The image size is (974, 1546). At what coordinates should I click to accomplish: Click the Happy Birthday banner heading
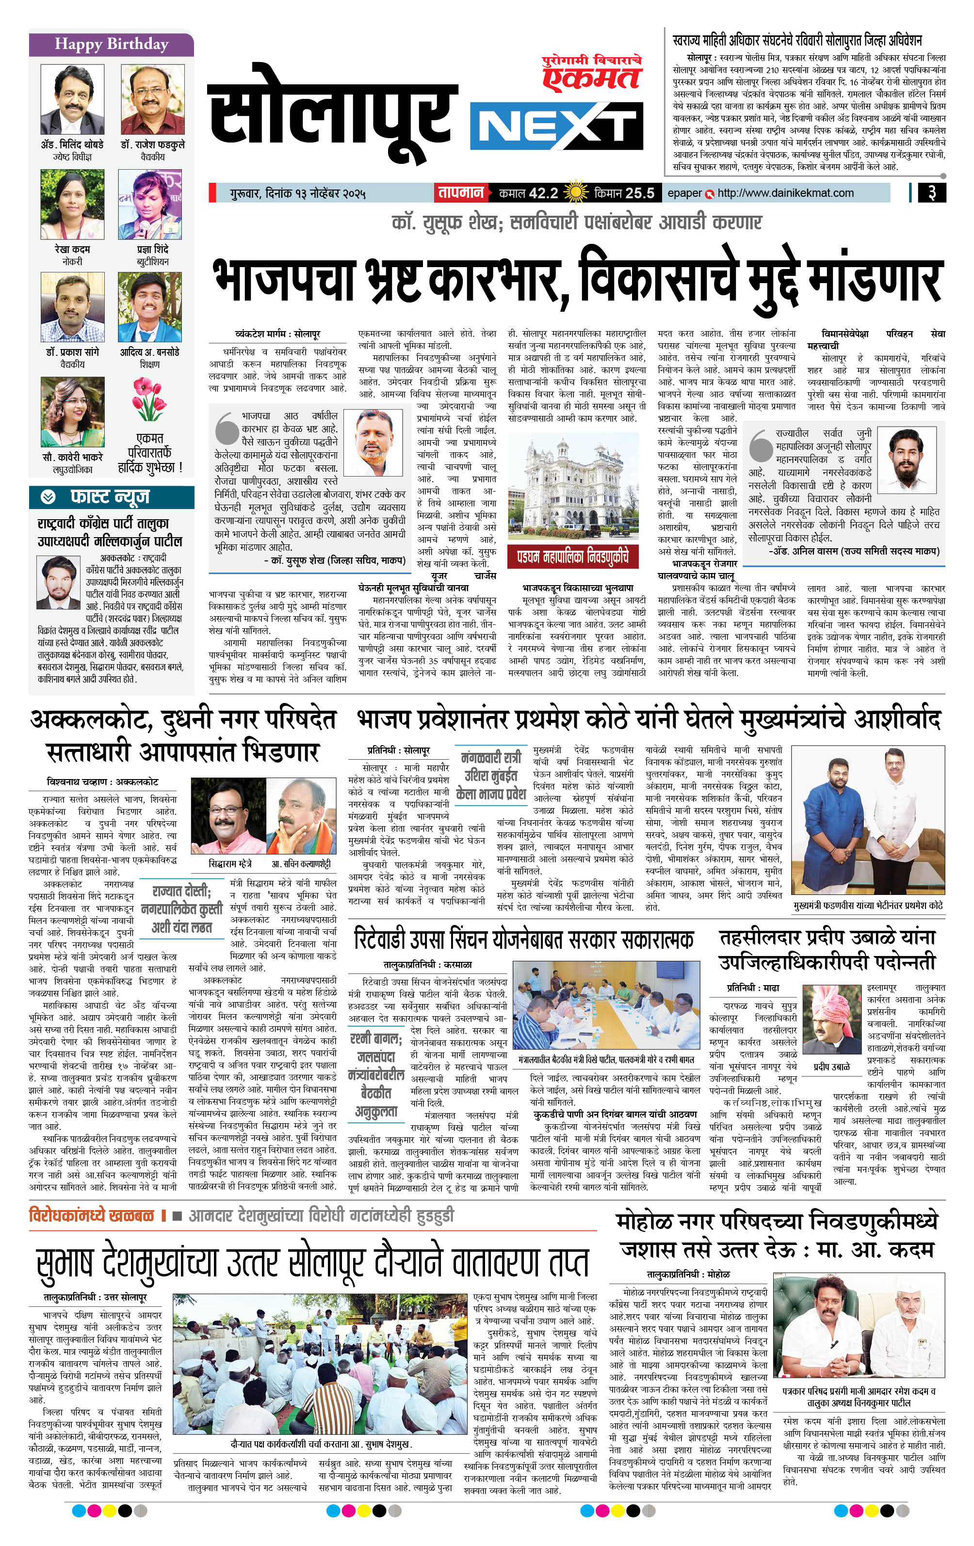tap(111, 44)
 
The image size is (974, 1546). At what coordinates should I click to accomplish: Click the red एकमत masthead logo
tap(592, 76)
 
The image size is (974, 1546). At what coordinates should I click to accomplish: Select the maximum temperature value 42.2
tap(543, 192)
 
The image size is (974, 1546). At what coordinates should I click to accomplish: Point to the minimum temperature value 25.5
tap(640, 192)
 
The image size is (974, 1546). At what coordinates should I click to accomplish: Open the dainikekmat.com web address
tap(785, 192)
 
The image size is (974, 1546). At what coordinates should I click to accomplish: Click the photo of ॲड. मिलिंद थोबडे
tap(72, 99)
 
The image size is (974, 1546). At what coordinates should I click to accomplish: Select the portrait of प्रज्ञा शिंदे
tap(150, 205)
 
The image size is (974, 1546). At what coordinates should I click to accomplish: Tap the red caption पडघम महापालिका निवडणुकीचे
tap(572, 556)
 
